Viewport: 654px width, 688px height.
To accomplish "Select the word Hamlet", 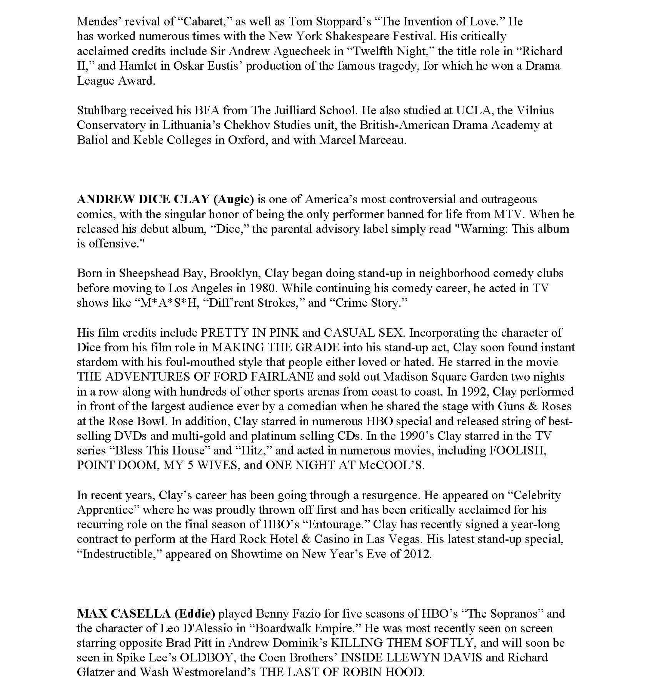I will point(138,66).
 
